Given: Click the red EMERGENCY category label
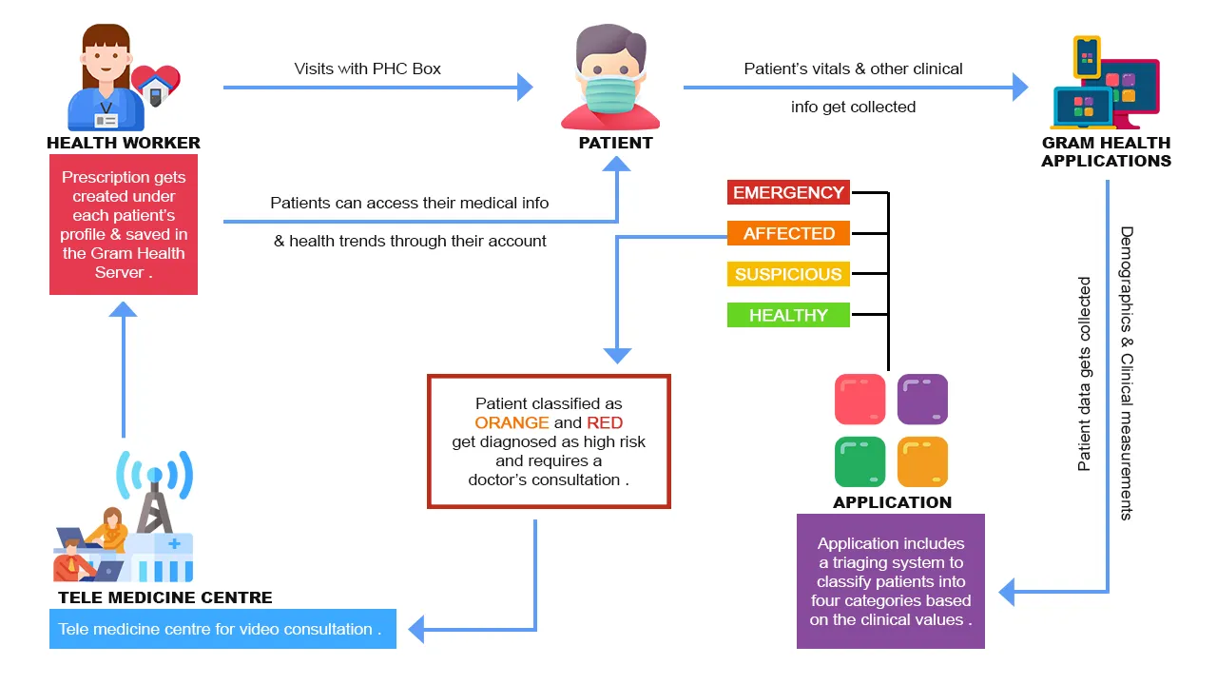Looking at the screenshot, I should coord(788,192).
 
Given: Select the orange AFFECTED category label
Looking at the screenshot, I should coord(788,233).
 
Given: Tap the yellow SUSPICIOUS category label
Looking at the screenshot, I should coord(788,274).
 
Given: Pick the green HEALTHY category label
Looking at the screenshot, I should coord(788,315).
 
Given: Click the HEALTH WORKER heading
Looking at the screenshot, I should coord(124,143).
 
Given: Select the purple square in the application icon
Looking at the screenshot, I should coord(922,399).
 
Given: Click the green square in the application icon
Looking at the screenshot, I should coord(860,461).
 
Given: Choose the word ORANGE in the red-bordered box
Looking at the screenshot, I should coord(512,422).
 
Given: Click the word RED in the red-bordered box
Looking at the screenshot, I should coord(605,422).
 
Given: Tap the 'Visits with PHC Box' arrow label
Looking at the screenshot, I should coord(368,68).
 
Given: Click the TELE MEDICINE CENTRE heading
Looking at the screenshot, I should coord(165,597).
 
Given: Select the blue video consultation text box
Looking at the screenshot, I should coord(222,629).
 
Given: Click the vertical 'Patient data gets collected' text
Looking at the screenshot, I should coord(1085,374).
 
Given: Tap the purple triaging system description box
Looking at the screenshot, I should coord(890,581).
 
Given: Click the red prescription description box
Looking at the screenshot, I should coord(124,225).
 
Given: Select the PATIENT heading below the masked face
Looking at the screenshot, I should coord(616,143).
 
